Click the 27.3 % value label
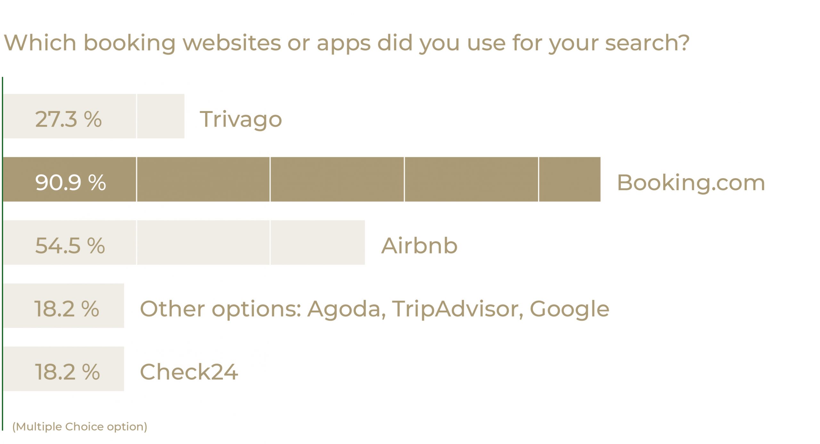68,119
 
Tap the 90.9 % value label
70,183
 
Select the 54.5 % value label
70,246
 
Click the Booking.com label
691,183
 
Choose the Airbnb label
419,245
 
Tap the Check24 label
189,372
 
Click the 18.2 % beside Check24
67,372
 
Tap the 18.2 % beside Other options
67,309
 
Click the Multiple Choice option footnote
80,427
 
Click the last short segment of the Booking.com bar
570,179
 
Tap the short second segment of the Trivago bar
161,116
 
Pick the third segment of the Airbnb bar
318,243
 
